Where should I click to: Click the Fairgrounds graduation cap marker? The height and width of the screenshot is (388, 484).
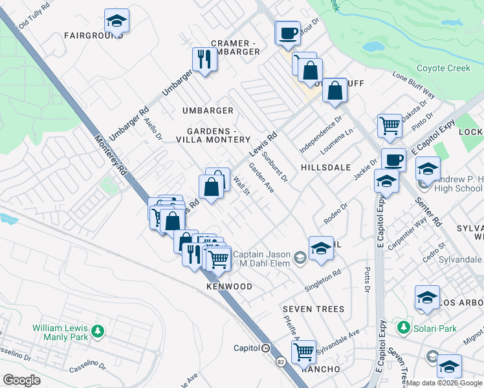pyautogui.click(x=116, y=21)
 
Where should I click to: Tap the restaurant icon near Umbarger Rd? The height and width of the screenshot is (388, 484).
pyautogui.click(x=204, y=59)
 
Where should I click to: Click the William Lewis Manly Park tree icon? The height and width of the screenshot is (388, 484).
pyautogui.click(x=97, y=331)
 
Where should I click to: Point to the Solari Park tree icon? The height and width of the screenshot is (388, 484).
pyautogui.click(x=404, y=327)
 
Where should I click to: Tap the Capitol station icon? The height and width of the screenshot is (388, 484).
pyautogui.click(x=265, y=348)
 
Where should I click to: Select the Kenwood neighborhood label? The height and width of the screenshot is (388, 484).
pyautogui.click(x=229, y=286)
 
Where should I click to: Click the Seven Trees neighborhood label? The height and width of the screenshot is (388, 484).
pyautogui.click(x=313, y=309)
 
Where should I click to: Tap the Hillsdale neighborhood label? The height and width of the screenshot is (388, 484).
pyautogui.click(x=325, y=166)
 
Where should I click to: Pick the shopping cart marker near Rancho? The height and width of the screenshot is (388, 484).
pyautogui.click(x=303, y=352)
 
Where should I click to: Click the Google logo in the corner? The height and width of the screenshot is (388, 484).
pyautogui.click(x=21, y=380)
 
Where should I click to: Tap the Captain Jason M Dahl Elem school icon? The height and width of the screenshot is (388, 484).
pyautogui.click(x=300, y=258)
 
